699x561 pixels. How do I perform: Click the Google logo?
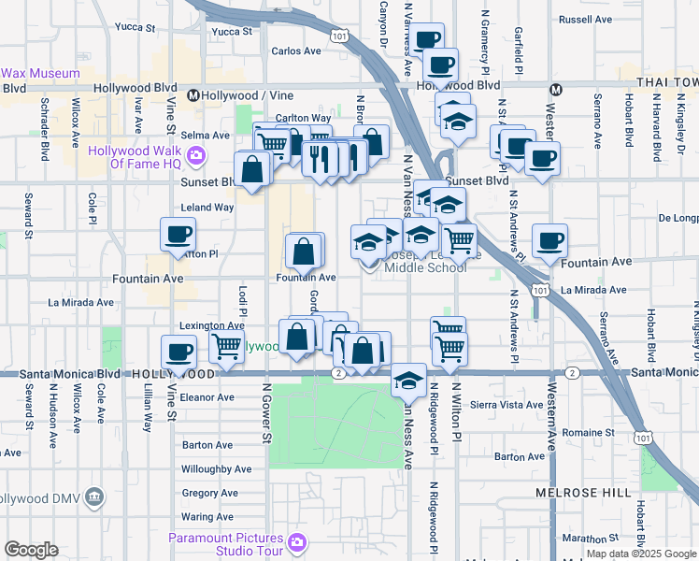(31, 550)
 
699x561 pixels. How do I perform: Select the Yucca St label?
(232, 31)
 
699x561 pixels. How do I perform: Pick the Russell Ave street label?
(584, 19)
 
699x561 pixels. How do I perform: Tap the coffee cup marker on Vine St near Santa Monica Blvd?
(178, 354)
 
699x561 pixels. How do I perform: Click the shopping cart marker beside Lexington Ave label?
(227, 346)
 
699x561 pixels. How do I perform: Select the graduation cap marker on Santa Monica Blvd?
(408, 381)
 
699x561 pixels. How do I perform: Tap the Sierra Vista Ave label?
(506, 405)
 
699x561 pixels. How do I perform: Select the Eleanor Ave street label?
(207, 397)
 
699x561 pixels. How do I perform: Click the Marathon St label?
(585, 539)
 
